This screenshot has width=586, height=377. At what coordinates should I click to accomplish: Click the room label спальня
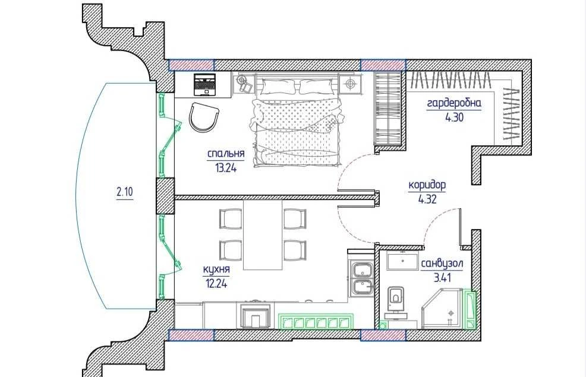tap(226, 154)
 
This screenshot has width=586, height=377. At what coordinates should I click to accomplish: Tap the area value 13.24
tap(226, 168)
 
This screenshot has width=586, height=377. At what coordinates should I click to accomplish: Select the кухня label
tap(216, 270)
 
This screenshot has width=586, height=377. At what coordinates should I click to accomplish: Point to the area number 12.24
tap(216, 284)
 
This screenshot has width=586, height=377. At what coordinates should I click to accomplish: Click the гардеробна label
tap(454, 103)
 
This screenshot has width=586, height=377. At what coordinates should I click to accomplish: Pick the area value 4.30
tap(454, 118)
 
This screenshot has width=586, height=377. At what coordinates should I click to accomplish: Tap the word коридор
tap(427, 185)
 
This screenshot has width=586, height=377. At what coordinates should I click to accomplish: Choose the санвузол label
tap(442, 264)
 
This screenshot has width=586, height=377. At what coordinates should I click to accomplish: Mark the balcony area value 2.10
tap(124, 192)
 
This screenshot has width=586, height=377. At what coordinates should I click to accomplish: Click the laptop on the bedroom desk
tap(205, 84)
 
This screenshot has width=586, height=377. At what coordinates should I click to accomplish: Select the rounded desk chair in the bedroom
tap(203, 117)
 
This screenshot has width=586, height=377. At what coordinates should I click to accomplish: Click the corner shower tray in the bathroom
tap(443, 309)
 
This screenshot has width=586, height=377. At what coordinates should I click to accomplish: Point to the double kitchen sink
tap(362, 278)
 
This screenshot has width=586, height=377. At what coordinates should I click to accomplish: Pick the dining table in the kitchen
tap(263, 235)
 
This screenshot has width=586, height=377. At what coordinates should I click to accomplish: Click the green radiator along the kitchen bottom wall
tap(316, 321)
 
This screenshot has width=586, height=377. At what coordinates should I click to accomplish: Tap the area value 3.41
tap(442, 278)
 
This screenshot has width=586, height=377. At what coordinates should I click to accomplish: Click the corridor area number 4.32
tap(427, 199)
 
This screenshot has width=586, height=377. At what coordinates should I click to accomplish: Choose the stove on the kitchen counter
tap(255, 316)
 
